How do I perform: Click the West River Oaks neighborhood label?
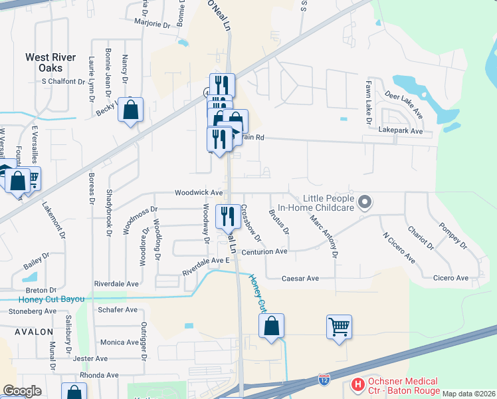[50, 63]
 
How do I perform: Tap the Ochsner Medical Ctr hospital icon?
[358, 384]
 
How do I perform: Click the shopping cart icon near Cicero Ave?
[340, 327]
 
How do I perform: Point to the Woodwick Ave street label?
[199, 192]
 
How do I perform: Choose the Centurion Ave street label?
[264, 252]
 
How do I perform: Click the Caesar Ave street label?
[300, 278]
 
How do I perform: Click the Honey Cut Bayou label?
[43, 299]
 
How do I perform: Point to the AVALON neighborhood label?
[30, 331]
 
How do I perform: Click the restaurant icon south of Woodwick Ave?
[228, 215]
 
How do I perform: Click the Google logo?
[22, 391]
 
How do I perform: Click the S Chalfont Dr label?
[64, 82]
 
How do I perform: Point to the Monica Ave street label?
[120, 342]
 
